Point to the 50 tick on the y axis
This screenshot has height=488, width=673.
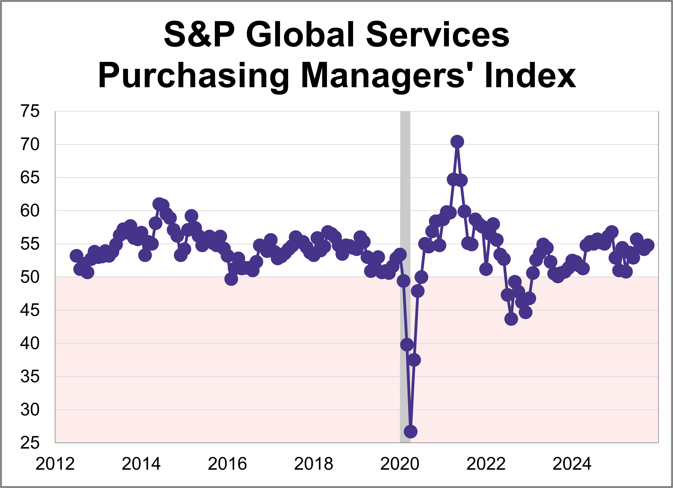point(30,277)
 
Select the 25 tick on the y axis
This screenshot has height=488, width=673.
point(30,443)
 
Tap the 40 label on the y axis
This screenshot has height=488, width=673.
point(30,344)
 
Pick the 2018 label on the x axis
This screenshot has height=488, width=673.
point(314,464)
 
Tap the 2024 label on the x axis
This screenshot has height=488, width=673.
point(572,464)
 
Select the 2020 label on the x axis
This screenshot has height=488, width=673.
point(400,464)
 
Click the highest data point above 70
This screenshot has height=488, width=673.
point(457,142)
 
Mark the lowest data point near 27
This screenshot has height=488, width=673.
point(411,432)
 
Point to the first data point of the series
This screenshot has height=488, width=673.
point(76,256)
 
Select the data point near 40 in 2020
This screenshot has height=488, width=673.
point(407,345)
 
